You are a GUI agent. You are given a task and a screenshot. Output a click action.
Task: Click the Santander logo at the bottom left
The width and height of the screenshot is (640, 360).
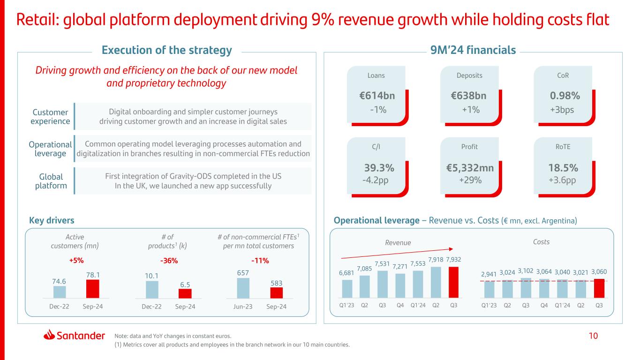tap(74, 335)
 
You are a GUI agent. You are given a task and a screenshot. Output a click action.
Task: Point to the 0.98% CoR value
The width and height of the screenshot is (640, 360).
tap(565, 96)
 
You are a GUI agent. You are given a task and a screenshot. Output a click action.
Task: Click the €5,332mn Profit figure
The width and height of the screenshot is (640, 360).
tap(469, 168)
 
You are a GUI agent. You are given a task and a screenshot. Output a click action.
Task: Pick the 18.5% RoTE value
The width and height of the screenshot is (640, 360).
tap(563, 168)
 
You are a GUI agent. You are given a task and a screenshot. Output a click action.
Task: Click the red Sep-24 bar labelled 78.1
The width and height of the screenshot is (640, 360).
tap(93, 289)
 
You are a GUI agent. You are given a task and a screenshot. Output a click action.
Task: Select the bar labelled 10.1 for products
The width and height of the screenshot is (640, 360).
tap(152, 289)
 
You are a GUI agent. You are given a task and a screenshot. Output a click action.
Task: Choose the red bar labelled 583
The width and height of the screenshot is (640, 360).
tap(277, 292)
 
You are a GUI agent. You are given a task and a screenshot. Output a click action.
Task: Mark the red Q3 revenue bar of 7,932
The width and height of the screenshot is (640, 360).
tap(453, 282)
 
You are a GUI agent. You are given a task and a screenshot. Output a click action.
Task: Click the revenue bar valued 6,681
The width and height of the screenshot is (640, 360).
tap(347, 289)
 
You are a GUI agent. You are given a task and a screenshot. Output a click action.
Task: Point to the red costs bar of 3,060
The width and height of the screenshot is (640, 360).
tap(599, 288)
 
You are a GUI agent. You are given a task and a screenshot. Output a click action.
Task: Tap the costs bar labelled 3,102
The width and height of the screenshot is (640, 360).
tap(526, 288)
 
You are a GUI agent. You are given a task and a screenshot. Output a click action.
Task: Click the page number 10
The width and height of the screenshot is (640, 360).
tap(593, 336)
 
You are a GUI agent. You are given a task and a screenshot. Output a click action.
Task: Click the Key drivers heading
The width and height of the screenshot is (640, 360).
tap(52, 220)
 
